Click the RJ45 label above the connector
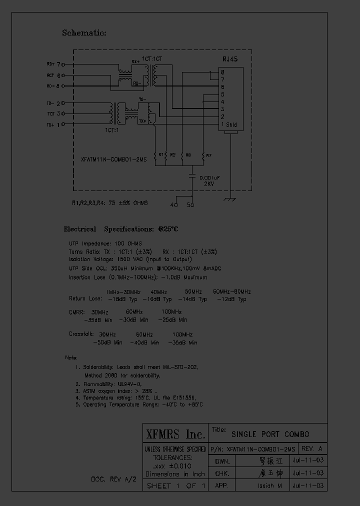point(230,59)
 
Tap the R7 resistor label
point(209,155)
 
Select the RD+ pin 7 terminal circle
point(63,64)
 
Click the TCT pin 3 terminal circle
point(63,114)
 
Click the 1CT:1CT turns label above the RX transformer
point(151,59)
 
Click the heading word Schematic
point(84,33)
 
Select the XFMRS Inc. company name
point(174,433)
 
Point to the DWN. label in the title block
point(221,461)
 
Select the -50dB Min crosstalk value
point(107,343)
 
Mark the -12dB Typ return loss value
point(231,299)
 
